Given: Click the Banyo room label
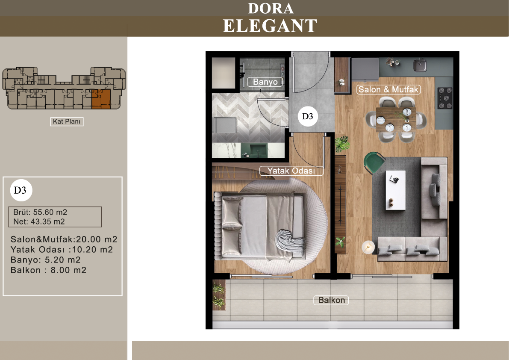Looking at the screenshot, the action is (x=265, y=82).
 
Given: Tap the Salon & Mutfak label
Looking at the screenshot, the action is (x=388, y=90).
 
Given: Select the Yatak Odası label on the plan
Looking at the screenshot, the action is (x=291, y=171).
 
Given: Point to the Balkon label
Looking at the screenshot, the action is (x=331, y=300).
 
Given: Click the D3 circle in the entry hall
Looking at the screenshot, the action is (x=307, y=117).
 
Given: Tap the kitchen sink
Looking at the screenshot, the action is (x=420, y=65).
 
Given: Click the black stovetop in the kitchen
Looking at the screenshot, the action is (x=445, y=98).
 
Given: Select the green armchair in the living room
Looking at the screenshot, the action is (x=374, y=162).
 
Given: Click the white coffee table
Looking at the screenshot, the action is (x=395, y=190).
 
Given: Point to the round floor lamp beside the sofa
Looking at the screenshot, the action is (x=368, y=247).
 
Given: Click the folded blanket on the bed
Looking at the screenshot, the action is (x=290, y=242).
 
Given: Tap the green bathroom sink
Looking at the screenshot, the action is (x=254, y=150).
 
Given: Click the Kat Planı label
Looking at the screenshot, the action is (x=67, y=121).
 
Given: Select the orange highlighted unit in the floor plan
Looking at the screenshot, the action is (x=101, y=99).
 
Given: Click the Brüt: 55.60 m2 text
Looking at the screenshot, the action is (x=40, y=212).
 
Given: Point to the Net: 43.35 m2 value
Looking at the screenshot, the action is (x=39, y=222).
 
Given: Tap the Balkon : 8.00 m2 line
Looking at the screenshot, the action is (x=48, y=270).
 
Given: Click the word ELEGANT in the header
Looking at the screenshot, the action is (x=270, y=26).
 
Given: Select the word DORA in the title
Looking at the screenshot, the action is (x=271, y=9).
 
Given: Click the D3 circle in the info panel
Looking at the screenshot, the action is (x=21, y=190).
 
